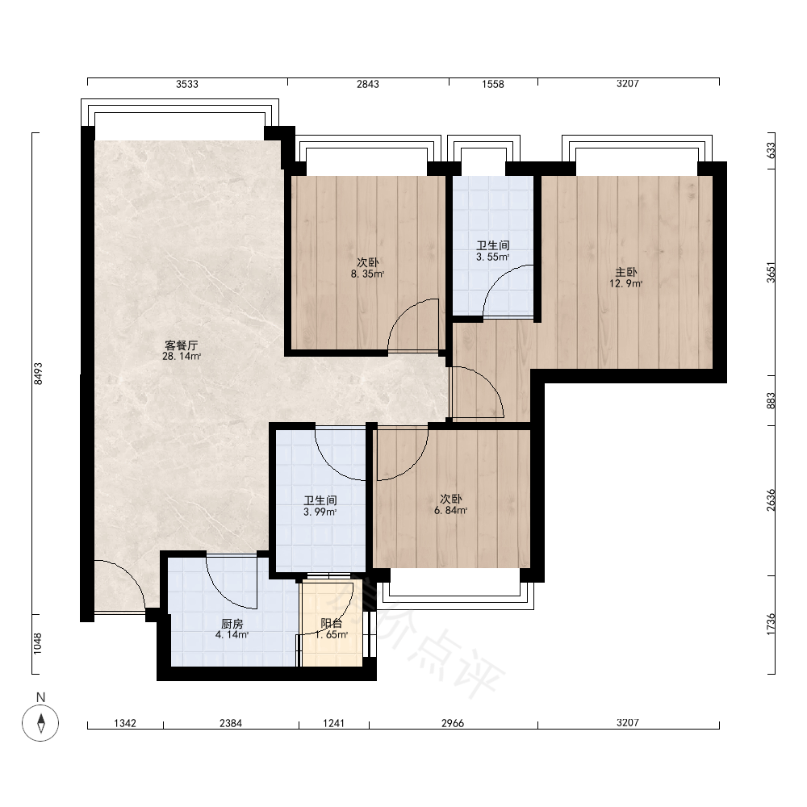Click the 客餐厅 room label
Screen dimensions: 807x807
pos(181,345)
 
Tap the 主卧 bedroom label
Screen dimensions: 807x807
pos(626,272)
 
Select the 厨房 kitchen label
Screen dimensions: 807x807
pos(232,624)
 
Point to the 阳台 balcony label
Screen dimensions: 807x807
pos(332,624)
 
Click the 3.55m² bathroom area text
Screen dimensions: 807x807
pos(492,257)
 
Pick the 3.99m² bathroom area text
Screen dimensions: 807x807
pos(320,512)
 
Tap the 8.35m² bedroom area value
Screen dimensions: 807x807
pos(367,274)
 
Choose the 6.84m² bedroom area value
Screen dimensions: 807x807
pos(451,511)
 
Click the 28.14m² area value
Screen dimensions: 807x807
pos(181,356)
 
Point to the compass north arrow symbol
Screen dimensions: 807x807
pos(40,723)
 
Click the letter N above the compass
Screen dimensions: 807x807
pos(40,697)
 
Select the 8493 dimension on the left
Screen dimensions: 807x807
pos(38,374)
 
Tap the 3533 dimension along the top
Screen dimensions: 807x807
pos(187,84)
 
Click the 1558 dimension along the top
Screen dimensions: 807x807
pos(492,84)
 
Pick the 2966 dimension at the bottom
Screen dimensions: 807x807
pos(453,723)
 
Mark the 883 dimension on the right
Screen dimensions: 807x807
pos(771,401)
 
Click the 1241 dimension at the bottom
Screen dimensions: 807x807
pos(333,723)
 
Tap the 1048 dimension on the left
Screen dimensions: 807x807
pos(38,643)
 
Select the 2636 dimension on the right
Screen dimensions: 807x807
pos(771,500)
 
